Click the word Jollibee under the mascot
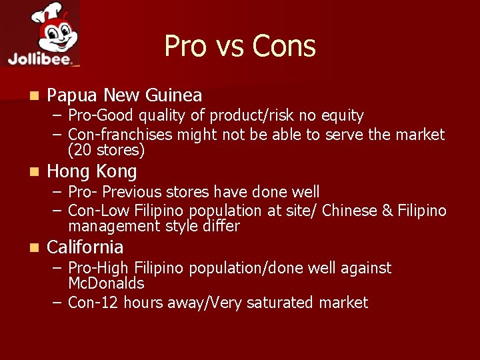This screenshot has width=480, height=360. click(x=39, y=58)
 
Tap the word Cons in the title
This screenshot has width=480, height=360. click(x=285, y=46)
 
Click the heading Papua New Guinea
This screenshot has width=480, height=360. click(x=125, y=96)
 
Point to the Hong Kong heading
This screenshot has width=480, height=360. click(x=92, y=171)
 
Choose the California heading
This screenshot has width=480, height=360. click(x=85, y=247)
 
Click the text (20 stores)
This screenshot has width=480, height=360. click(x=107, y=150)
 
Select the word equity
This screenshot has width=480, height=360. click(x=341, y=116)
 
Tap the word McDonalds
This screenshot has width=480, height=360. click(x=106, y=283)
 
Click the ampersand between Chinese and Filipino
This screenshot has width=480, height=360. click(x=388, y=211)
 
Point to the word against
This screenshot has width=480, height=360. click(x=366, y=268)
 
